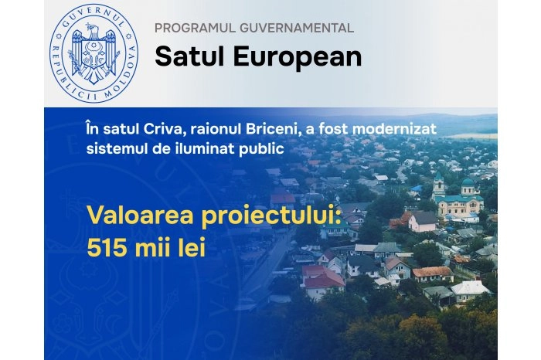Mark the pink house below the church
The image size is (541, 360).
(422, 222)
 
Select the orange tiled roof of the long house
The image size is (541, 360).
(432, 271)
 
